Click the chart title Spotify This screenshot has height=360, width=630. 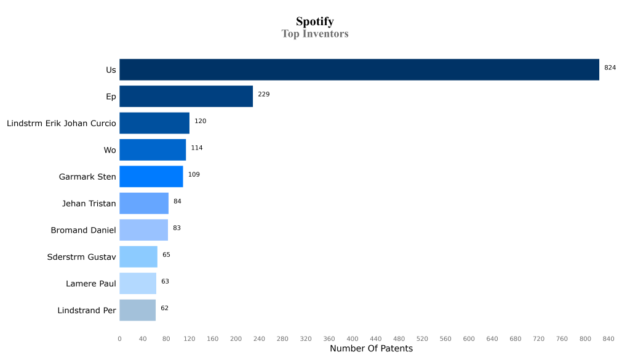click(x=314, y=22)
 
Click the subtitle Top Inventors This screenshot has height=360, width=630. click(x=314, y=34)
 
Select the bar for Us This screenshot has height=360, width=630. click(x=359, y=70)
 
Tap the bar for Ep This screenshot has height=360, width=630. click(x=186, y=97)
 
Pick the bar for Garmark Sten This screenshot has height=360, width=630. click(x=151, y=177)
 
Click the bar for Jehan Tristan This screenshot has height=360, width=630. click(x=144, y=203)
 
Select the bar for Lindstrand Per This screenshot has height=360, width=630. click(x=137, y=310)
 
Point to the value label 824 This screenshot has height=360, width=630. click(x=610, y=68)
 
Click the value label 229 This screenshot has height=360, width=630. click(x=263, y=94)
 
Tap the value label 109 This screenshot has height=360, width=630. click(x=194, y=175)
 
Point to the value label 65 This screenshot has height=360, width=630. click(x=166, y=255)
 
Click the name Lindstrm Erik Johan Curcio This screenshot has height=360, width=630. click(x=62, y=124)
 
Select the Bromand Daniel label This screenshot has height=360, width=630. click(x=83, y=230)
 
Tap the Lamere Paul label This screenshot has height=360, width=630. click(x=91, y=284)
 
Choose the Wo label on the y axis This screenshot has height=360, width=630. click(x=110, y=150)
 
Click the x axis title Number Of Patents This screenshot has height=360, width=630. click(x=371, y=349)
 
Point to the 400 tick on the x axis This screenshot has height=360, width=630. click(x=353, y=338)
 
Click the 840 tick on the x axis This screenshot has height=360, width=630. click(x=608, y=338)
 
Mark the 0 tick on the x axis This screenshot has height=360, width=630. click(x=119, y=338)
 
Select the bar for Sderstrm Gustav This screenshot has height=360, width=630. click(x=138, y=257)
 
